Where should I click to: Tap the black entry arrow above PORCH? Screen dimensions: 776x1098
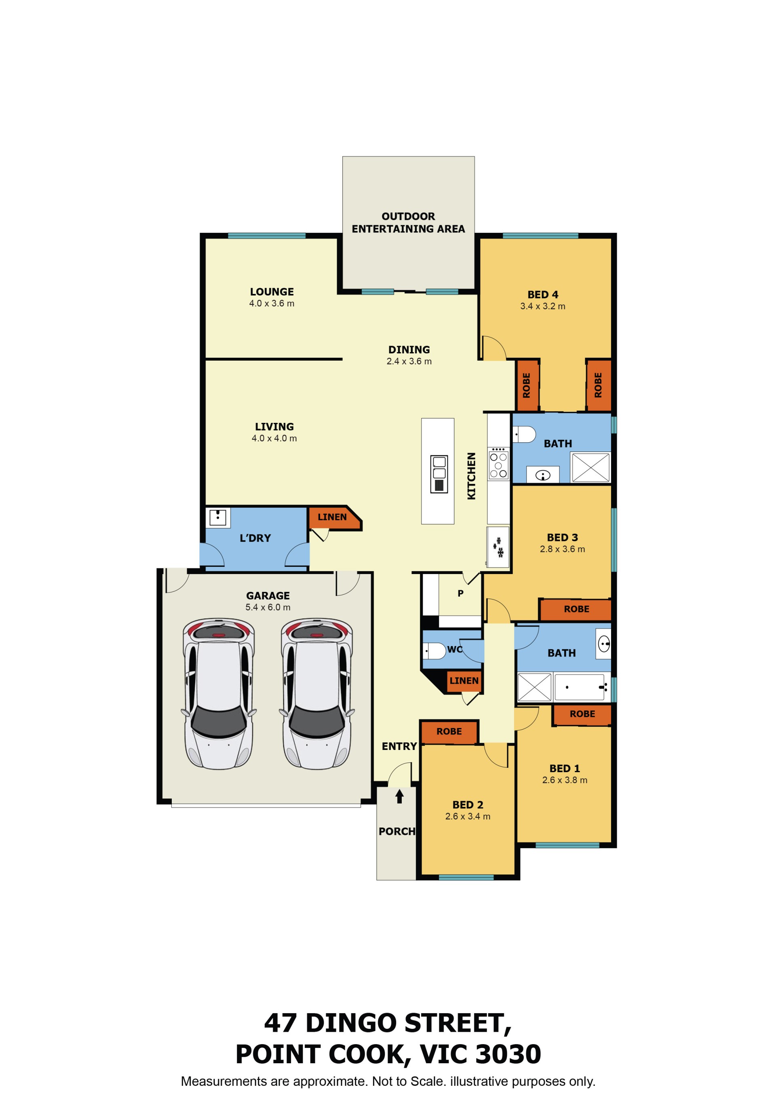tap(399, 796)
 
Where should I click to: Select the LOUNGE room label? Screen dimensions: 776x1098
tap(272, 292)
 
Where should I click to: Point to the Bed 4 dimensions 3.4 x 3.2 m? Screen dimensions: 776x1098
tap(543, 306)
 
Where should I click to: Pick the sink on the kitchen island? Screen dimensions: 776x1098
tap(439, 474)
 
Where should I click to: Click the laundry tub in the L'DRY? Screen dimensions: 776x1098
tap(218, 517)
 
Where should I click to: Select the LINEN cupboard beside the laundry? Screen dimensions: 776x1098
tap(334, 517)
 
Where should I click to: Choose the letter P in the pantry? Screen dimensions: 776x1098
tap(460, 593)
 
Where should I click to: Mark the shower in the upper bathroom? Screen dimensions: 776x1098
tap(590, 467)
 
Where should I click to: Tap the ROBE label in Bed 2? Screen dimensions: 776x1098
tap(449, 731)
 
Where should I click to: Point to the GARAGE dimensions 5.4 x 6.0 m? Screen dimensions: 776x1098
tap(268, 607)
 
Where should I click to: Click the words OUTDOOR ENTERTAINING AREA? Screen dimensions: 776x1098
tap(408, 223)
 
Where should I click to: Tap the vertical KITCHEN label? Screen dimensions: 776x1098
tap(471, 476)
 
